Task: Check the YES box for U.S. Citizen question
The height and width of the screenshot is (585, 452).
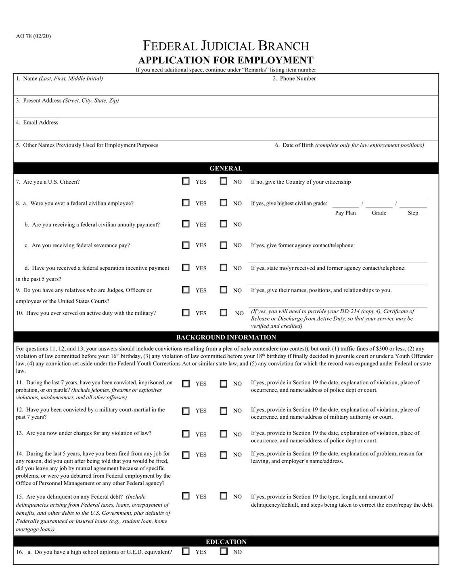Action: [x=186, y=181]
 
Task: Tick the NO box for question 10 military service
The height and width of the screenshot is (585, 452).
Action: [x=223, y=312]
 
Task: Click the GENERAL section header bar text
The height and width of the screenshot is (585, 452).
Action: [x=226, y=168]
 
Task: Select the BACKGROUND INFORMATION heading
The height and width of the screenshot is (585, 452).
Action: [x=226, y=337]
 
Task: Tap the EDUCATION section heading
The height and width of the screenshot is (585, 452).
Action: [x=226, y=542]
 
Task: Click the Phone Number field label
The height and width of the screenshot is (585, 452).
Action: [x=297, y=79]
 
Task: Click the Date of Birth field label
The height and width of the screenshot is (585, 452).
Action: [x=298, y=145]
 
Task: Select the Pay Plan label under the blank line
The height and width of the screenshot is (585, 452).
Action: [x=345, y=213]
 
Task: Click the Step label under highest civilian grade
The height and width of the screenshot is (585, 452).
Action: [x=413, y=213]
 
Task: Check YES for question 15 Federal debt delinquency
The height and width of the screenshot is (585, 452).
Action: [x=186, y=496]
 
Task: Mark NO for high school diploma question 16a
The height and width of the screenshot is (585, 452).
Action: [x=223, y=551]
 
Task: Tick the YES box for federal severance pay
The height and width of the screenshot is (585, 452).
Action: [x=186, y=245]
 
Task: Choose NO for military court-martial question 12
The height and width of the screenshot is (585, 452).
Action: [x=223, y=411]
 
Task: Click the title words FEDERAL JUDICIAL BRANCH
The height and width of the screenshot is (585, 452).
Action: [x=226, y=46]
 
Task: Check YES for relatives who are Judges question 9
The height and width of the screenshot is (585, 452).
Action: [x=186, y=289]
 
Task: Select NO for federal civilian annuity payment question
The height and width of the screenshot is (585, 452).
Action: [x=223, y=224]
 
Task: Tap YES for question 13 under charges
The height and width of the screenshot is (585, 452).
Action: [x=186, y=434]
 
